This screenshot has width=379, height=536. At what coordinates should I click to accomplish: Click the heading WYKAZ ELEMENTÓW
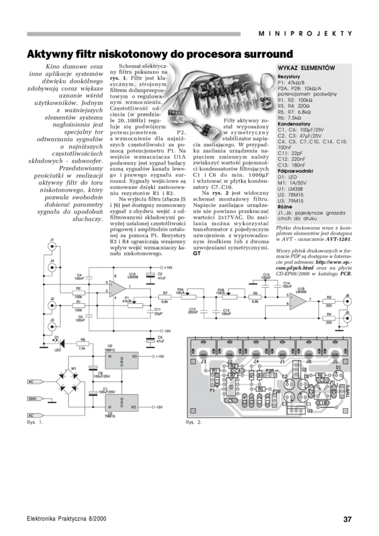tap(306, 67)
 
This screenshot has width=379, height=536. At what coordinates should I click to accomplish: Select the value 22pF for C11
tap(299, 153)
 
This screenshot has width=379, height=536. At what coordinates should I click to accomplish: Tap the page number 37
tap(346, 519)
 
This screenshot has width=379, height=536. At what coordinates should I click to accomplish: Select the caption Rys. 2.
tap(193, 421)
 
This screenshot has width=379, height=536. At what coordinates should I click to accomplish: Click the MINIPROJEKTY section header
tap(305, 33)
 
